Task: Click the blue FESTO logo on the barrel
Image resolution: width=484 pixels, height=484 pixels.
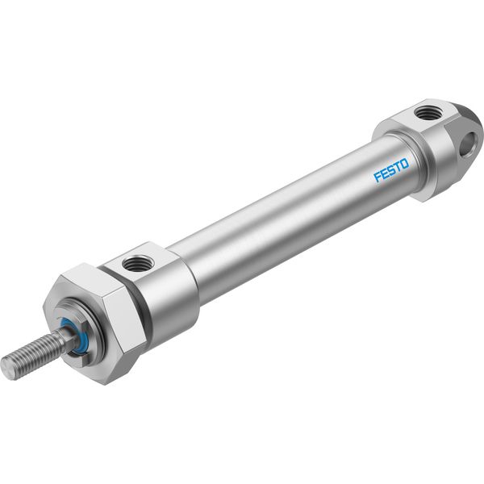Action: point(391,169)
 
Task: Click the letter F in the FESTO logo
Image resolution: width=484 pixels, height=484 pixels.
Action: point(378,177)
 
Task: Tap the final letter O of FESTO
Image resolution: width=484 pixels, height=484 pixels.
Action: point(405,163)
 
